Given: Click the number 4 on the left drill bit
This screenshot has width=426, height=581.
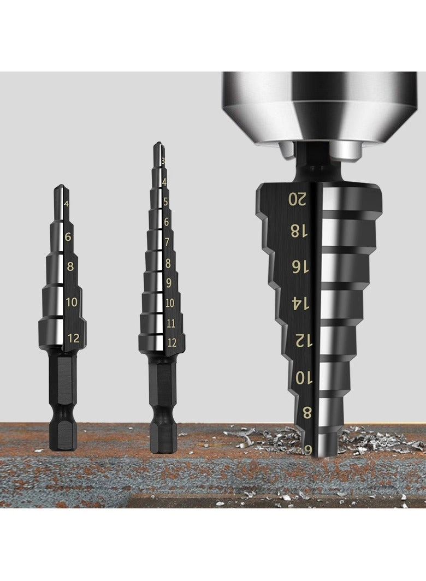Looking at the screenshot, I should (66, 204).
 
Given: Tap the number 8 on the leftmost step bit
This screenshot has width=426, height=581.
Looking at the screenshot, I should (70, 267).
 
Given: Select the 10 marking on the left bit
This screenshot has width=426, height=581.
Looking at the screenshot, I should (72, 302).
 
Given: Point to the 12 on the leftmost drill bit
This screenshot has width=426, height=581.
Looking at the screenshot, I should (73, 339).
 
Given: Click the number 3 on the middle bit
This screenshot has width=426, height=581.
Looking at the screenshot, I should (163, 161).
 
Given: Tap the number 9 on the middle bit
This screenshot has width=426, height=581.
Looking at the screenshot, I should (168, 283).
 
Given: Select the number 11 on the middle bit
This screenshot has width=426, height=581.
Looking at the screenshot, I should (170, 323).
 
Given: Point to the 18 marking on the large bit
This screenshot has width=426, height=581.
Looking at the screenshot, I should (299, 231).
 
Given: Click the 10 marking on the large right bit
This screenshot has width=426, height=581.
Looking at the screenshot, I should (304, 377).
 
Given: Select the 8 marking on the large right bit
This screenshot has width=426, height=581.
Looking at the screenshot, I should (307, 413).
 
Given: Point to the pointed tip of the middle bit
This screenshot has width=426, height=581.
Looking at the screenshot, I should (157, 145).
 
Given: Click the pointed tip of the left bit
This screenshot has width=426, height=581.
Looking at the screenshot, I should (61, 188).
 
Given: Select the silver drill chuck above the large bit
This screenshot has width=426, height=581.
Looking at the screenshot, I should (319, 106).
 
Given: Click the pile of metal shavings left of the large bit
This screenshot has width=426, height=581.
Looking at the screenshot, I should (262, 437).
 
